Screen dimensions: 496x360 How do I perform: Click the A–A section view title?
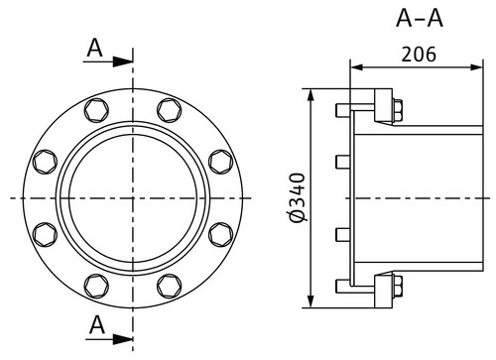click(420, 18)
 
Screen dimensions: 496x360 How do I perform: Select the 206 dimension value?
click(419, 55)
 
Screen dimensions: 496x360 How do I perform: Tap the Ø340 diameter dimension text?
click(297, 197)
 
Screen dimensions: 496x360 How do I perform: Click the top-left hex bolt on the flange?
click(96, 110)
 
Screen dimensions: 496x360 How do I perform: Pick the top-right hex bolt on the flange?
click(170, 110)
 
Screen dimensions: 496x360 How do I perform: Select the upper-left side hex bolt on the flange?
click(45, 162)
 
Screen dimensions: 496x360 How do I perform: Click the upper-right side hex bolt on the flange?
click(221, 162)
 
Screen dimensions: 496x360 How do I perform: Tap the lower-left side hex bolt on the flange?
click(45, 235)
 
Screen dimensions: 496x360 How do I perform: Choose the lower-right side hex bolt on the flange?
click(221, 235)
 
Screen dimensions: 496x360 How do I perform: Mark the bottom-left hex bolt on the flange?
click(96, 286)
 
